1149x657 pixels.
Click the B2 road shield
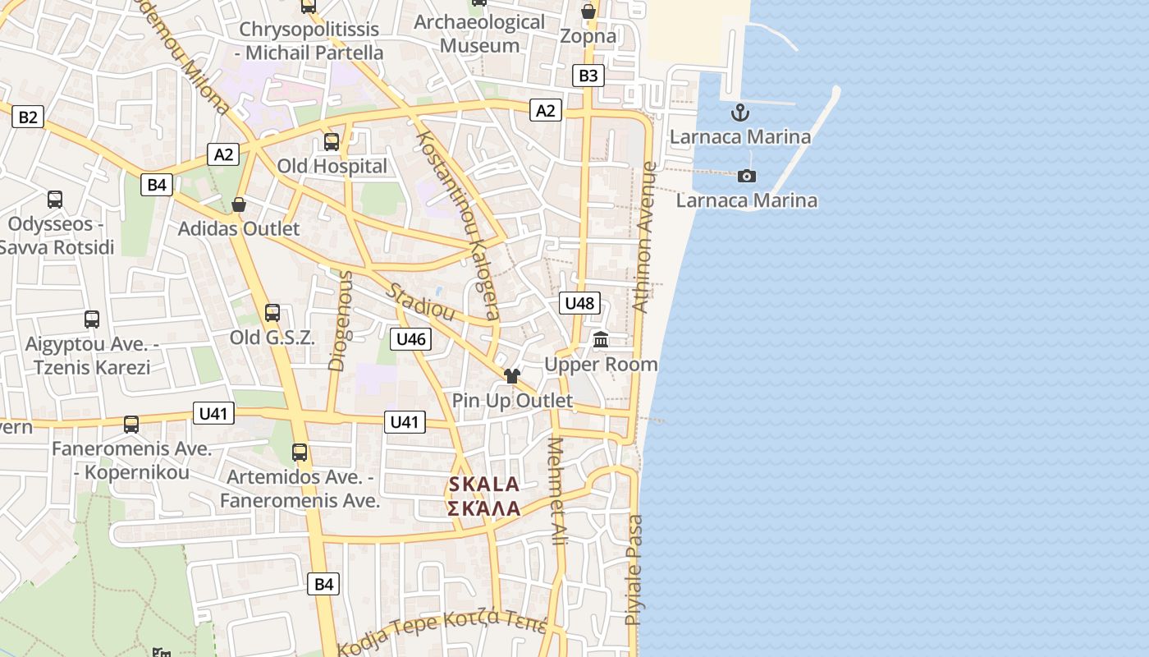pyautogui.click(x=28, y=117)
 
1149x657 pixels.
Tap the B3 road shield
pyautogui.click(x=588, y=76)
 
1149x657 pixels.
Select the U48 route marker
pyautogui.click(x=579, y=303)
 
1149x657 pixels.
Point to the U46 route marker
pyautogui.click(x=410, y=338)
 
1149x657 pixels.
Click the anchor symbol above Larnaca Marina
pyautogui.click(x=740, y=113)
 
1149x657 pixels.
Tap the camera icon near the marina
pyautogui.click(x=747, y=176)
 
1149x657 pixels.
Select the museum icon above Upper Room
pyautogui.click(x=601, y=339)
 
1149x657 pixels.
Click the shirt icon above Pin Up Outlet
pyautogui.click(x=512, y=376)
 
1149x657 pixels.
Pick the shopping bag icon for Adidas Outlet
pyautogui.click(x=239, y=204)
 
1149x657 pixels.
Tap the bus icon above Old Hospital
pyautogui.click(x=332, y=141)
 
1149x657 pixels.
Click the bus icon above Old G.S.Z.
pyautogui.click(x=272, y=313)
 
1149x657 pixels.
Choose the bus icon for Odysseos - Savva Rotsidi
pyautogui.click(x=55, y=199)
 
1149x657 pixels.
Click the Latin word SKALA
pyautogui.click(x=484, y=485)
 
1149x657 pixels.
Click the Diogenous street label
pyautogui.click(x=340, y=320)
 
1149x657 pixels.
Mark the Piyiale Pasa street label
pyautogui.click(x=634, y=569)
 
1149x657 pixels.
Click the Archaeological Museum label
pyautogui.click(x=479, y=34)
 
